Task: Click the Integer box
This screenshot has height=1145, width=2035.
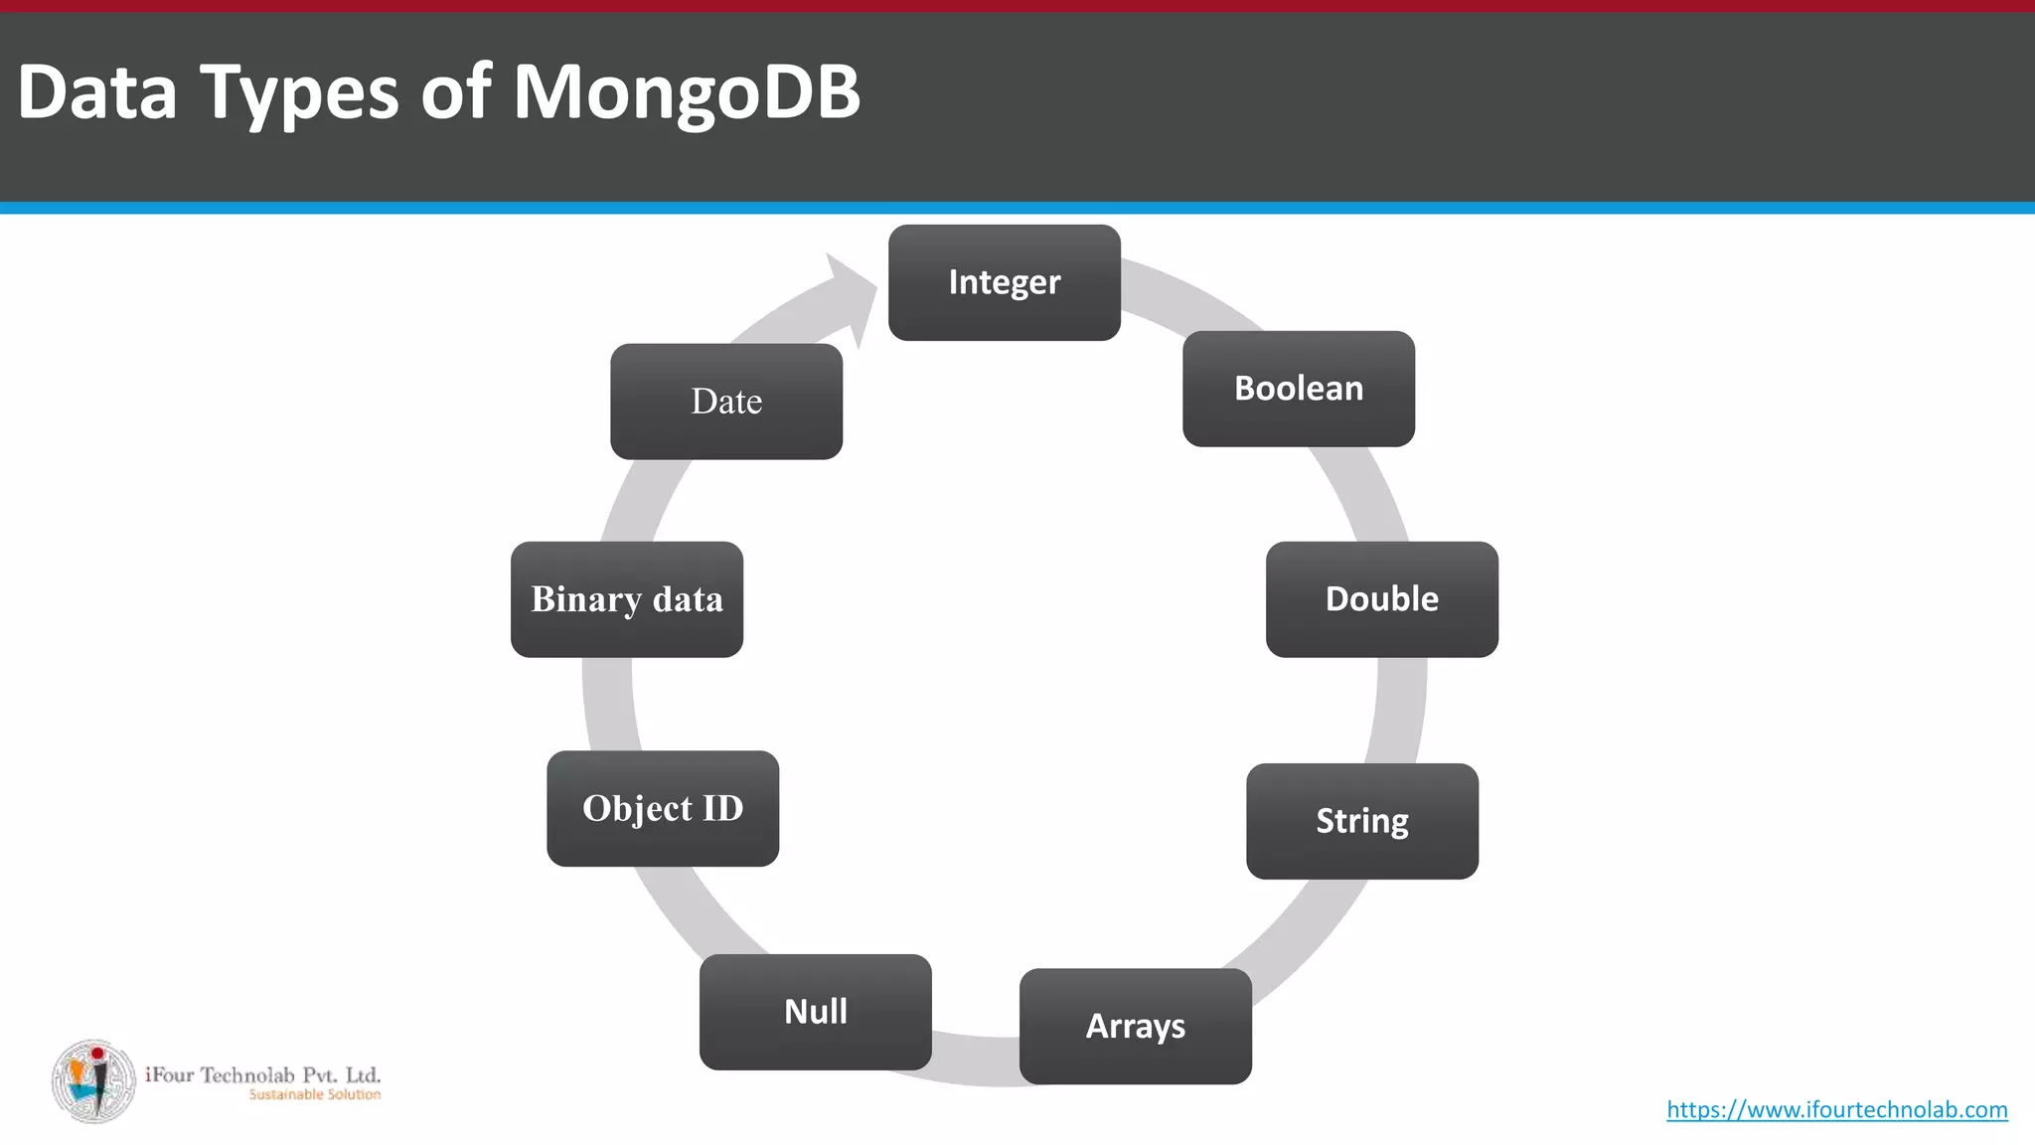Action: click(1004, 282)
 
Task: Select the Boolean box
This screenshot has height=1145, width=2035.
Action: click(1298, 389)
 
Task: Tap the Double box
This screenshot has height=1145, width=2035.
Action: click(1381, 599)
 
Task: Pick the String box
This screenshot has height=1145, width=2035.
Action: click(1361, 821)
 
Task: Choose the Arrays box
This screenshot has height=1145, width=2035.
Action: click(1135, 1026)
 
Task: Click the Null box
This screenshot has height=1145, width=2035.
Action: click(815, 1012)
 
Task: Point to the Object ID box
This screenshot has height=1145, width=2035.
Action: click(662, 808)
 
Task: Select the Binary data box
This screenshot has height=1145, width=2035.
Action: click(626, 599)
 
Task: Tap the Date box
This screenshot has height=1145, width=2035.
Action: click(725, 402)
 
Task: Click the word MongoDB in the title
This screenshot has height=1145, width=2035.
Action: click(686, 91)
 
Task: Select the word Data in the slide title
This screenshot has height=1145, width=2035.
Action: click(96, 91)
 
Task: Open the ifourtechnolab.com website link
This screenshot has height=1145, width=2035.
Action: click(1836, 1109)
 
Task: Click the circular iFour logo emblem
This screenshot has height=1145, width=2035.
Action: click(93, 1081)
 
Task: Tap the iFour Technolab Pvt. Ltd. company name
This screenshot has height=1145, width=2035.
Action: click(262, 1074)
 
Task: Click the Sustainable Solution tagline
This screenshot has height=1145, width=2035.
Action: click(314, 1094)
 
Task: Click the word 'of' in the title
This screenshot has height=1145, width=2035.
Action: click(455, 91)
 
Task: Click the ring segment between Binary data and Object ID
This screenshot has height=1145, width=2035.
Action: click(609, 704)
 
